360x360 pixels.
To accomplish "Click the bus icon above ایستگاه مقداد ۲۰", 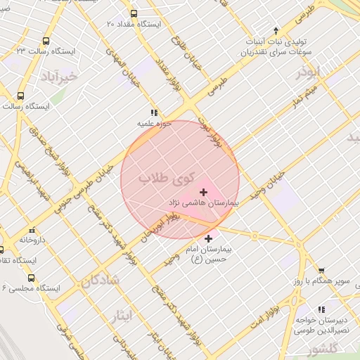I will [x=134, y=13].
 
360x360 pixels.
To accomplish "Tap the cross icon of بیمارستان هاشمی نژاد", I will [x=204, y=192].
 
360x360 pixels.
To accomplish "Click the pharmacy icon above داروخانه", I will [x=32, y=229].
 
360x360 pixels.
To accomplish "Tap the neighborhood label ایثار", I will [x=121, y=316].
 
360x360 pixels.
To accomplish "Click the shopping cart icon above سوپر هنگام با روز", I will [x=321, y=271].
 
